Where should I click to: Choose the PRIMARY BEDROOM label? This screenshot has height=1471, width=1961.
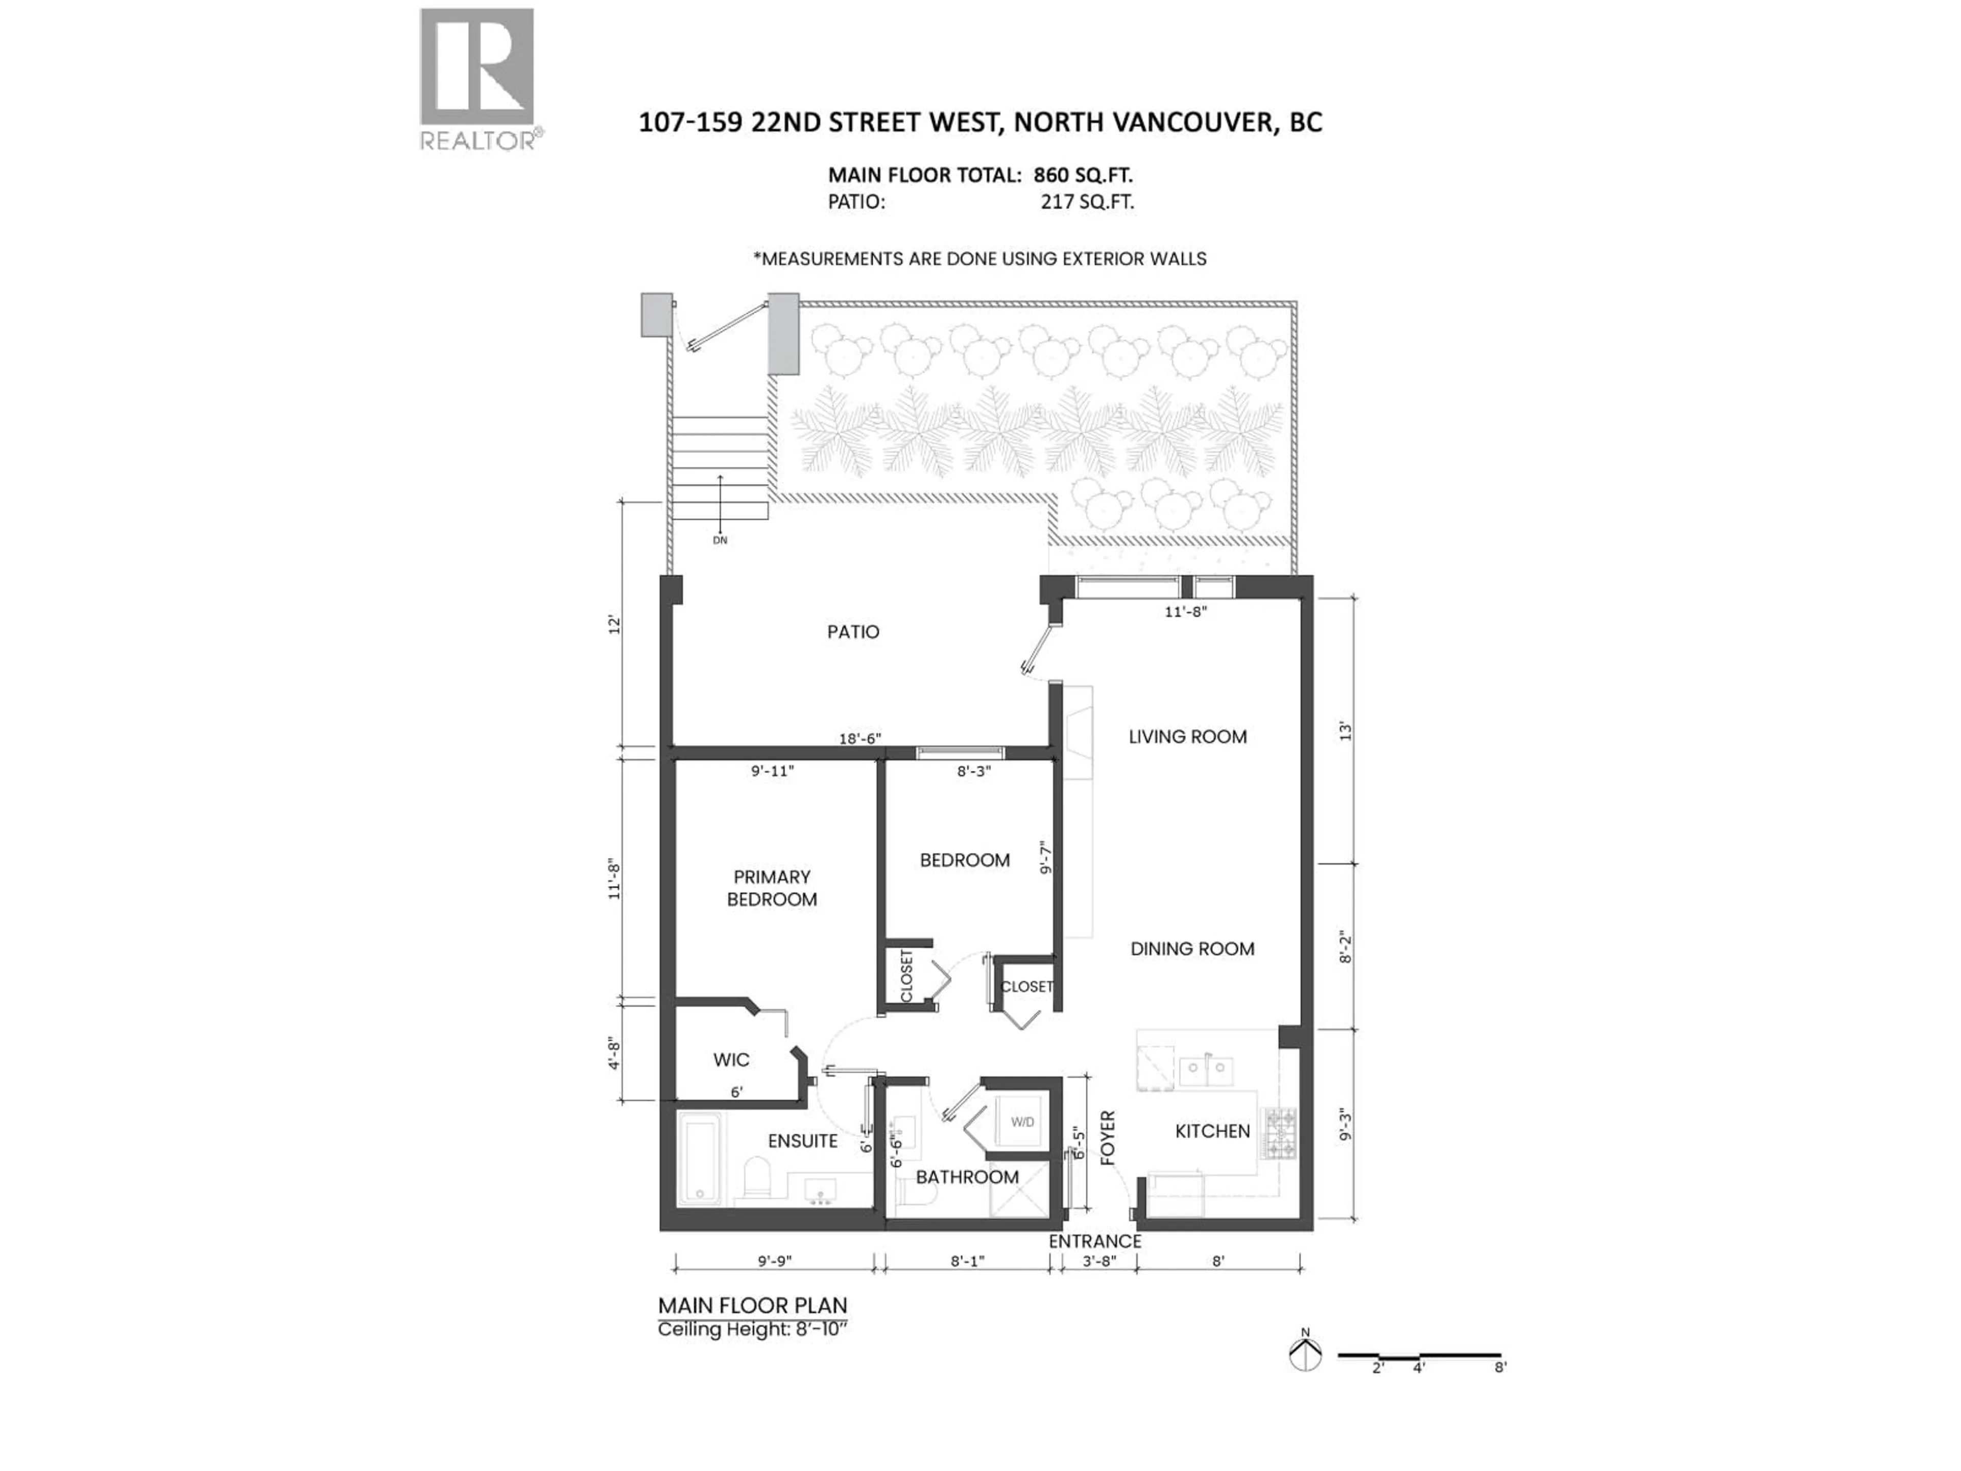click(x=771, y=888)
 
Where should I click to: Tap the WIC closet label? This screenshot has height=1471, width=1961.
click(x=731, y=1060)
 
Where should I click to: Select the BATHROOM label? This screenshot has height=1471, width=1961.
click(x=967, y=1177)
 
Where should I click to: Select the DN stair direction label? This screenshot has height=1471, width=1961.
click(x=720, y=540)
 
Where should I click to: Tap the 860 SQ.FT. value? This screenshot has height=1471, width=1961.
click(x=1083, y=176)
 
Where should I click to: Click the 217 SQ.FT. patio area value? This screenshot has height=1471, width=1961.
click(x=1087, y=202)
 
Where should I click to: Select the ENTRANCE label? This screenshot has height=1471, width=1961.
click(x=1095, y=1241)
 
